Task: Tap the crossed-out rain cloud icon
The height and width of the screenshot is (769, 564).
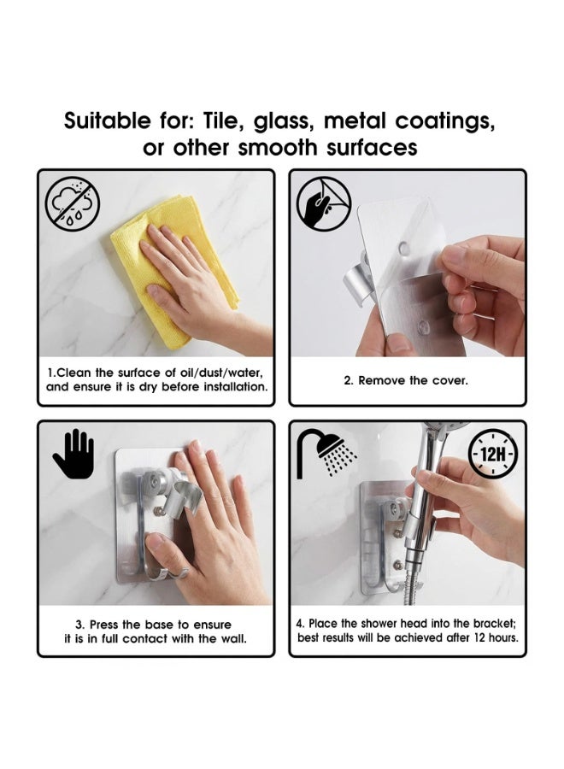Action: [73, 204]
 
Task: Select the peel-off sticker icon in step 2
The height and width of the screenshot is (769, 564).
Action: [324, 204]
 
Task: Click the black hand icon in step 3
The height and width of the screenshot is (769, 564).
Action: [73, 454]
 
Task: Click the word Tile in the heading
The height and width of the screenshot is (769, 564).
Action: [224, 120]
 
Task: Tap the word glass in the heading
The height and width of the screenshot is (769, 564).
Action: [284, 121]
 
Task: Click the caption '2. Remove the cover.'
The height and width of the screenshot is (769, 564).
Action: [406, 380]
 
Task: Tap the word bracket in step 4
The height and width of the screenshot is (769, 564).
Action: [495, 624]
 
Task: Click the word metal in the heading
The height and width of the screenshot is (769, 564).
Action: [355, 120]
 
